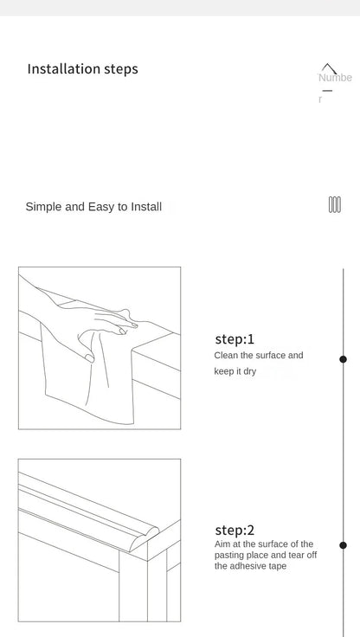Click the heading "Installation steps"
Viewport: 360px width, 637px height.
[82, 69]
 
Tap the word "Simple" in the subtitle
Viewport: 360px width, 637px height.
[43, 207]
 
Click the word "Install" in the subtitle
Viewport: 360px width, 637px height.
[146, 207]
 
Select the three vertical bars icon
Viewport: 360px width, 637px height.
[335, 205]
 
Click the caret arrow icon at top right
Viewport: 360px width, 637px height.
[329, 68]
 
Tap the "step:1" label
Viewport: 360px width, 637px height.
[235, 339]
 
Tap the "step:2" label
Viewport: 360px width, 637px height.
[235, 530]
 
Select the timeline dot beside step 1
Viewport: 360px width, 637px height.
[343, 359]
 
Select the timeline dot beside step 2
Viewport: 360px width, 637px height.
[343, 545]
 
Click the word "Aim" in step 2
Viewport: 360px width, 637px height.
[222, 544]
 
